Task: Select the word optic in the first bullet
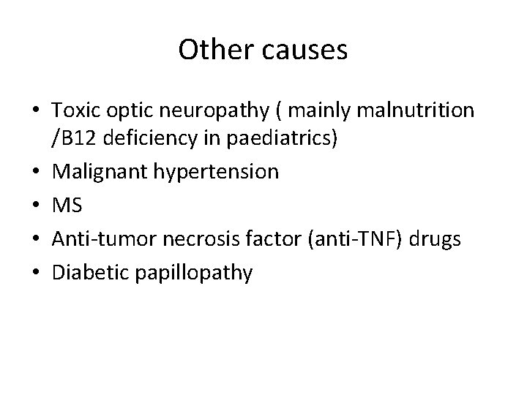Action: click(124, 111)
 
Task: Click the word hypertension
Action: click(217, 173)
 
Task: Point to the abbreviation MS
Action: click(67, 206)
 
